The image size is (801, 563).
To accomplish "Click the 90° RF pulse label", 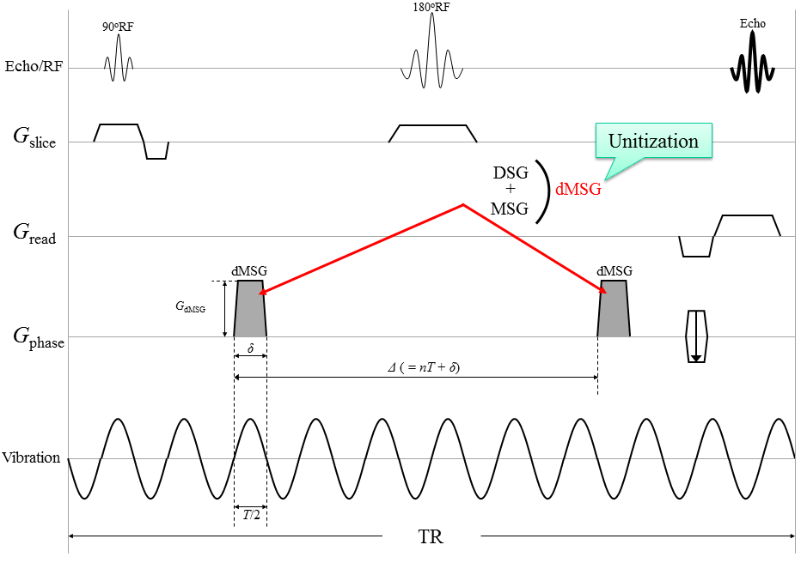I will [x=119, y=27].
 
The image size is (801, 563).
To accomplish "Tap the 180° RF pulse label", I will [x=431, y=8].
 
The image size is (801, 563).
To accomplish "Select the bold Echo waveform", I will [x=752, y=65].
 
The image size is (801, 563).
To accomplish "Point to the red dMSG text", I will [x=578, y=191].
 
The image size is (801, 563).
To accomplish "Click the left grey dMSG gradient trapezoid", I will [x=250, y=309].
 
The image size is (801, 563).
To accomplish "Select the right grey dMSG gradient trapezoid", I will [x=614, y=309].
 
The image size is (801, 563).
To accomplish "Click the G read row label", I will [x=34, y=233].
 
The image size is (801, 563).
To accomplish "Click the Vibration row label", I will [x=32, y=457].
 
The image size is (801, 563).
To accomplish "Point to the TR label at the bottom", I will [x=431, y=537].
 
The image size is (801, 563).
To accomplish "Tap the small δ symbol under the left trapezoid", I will [x=250, y=348].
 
